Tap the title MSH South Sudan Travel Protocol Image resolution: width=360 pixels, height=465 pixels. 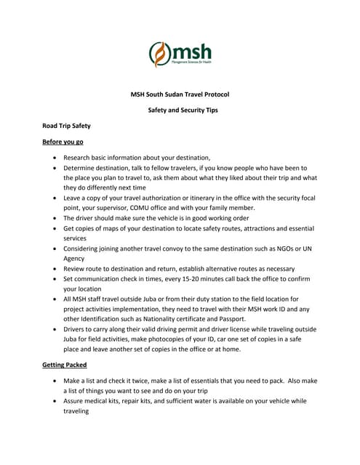pyautogui.click(x=179, y=94)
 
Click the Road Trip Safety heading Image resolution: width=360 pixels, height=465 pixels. pyautogui.click(x=66, y=126)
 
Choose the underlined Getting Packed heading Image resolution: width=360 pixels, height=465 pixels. pyautogui.click(x=65, y=365)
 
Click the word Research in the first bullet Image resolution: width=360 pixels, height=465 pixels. pyautogui.click(x=79, y=158)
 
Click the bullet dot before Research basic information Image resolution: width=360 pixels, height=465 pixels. pyautogui.click(x=56, y=158)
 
